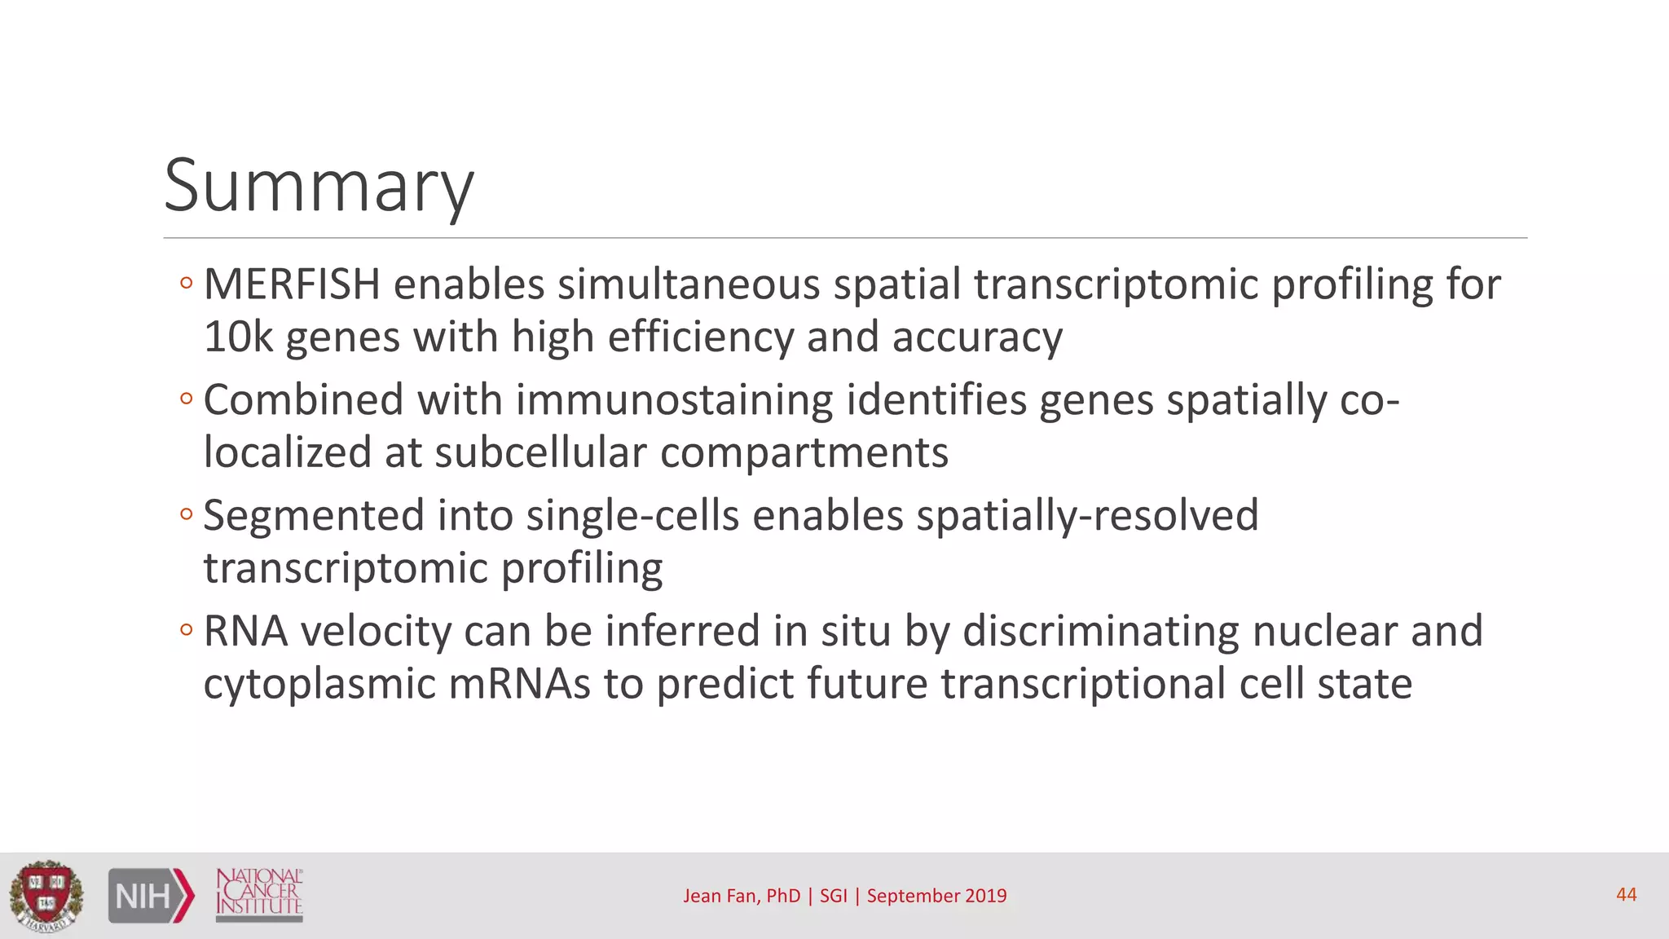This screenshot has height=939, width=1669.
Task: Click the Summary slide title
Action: pyautogui.click(x=319, y=187)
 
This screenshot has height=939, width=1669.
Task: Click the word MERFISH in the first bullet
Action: pyautogui.click(x=292, y=284)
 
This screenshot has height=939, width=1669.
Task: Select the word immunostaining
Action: pyautogui.click(x=674, y=400)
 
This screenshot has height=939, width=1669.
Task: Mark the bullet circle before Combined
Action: pyautogui.click(x=187, y=399)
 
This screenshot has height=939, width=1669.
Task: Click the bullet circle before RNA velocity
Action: pyautogui.click(x=187, y=630)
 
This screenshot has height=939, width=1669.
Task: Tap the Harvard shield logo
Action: pyautogui.click(x=46, y=896)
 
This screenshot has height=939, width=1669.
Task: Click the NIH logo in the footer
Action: pyautogui.click(x=152, y=896)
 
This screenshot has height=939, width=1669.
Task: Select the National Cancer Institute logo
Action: pyautogui.click(x=259, y=894)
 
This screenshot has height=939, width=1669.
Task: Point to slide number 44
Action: pyautogui.click(x=1626, y=895)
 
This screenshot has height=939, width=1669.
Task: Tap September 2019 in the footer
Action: pyautogui.click(x=936, y=896)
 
